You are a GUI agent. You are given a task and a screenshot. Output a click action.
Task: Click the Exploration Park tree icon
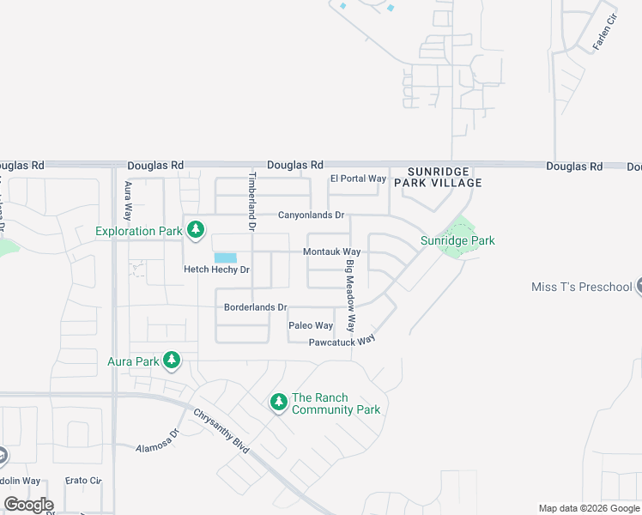point(197,229)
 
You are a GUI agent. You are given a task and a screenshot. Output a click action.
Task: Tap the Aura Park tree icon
point(172,360)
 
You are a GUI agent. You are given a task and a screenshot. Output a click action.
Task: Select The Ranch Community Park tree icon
point(278,401)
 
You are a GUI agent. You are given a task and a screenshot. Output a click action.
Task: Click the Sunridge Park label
point(457,241)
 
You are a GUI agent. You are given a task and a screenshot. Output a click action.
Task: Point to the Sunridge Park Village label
point(438,177)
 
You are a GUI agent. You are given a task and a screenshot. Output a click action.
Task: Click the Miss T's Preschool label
point(581,287)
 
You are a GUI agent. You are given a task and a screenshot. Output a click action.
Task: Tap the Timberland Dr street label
point(252,202)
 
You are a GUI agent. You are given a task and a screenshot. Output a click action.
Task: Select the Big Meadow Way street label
point(350,294)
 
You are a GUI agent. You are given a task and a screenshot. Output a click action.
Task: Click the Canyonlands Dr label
point(311,215)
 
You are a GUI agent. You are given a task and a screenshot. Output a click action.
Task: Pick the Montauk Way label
point(331,252)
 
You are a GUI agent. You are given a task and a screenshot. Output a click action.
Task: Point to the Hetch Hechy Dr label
point(216,270)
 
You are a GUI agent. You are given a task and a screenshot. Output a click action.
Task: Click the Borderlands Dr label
point(255,306)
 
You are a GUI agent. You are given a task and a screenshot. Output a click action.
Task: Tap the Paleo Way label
point(311,326)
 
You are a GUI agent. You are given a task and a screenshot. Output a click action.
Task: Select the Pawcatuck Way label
point(342,341)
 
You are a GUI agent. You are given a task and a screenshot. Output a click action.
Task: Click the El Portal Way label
point(358,179)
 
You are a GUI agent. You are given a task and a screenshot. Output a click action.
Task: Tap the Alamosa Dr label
point(157,441)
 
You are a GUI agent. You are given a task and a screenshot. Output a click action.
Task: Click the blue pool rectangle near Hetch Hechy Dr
point(225,257)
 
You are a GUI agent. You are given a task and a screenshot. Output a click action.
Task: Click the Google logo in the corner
point(28,505)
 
